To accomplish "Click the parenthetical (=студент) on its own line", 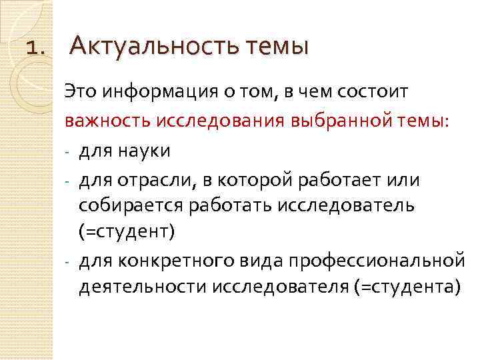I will (127, 233).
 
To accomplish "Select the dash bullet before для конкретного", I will (68, 260).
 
